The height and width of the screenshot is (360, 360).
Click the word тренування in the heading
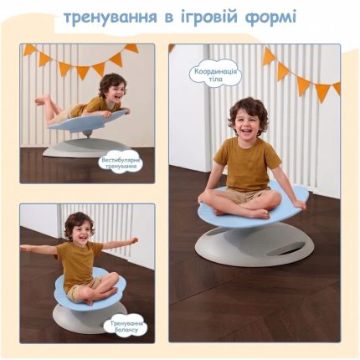click(x=111, y=18)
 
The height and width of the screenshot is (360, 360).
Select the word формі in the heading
click(x=270, y=18)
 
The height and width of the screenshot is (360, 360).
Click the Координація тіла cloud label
click(x=215, y=75)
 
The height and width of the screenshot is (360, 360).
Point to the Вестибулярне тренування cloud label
click(x=120, y=163)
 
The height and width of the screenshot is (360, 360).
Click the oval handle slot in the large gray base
click(x=285, y=249)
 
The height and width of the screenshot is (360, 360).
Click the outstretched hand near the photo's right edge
click(x=133, y=240)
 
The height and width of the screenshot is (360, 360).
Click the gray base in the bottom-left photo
click(x=86, y=319)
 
